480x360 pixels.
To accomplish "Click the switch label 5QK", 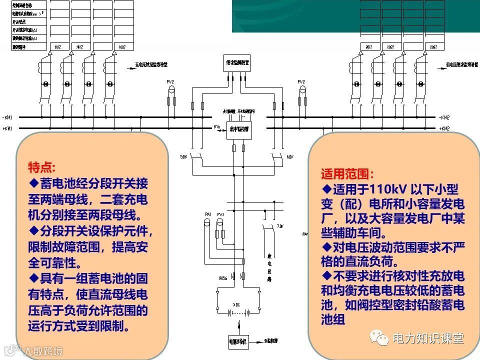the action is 183,157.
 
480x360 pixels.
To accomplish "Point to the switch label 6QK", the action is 290,157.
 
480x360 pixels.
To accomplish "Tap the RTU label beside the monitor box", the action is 217,127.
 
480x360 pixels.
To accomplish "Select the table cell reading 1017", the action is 58,47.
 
